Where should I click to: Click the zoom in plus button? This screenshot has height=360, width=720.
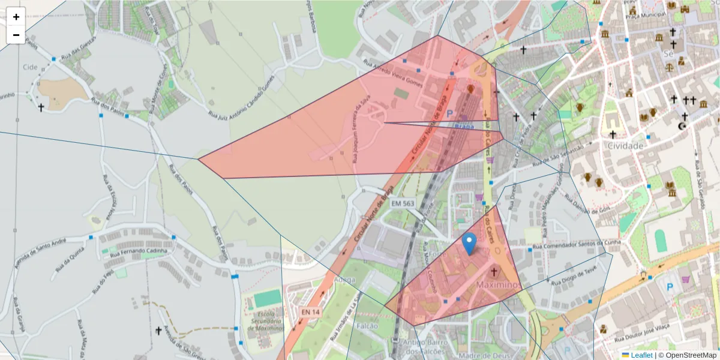[16, 17]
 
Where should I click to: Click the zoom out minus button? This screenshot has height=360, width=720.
[16, 35]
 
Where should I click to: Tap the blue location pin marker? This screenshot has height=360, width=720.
[470, 243]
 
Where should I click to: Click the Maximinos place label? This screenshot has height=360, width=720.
[497, 284]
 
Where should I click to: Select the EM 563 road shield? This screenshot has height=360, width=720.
[403, 204]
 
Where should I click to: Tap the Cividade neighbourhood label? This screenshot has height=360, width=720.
[625, 146]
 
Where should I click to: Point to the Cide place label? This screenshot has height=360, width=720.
[29, 67]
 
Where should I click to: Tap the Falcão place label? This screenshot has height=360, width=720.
[367, 326]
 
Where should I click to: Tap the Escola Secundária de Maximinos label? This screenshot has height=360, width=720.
[265, 322]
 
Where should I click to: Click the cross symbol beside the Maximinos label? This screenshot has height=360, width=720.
[494, 272]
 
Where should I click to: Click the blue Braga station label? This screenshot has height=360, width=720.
[464, 125]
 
